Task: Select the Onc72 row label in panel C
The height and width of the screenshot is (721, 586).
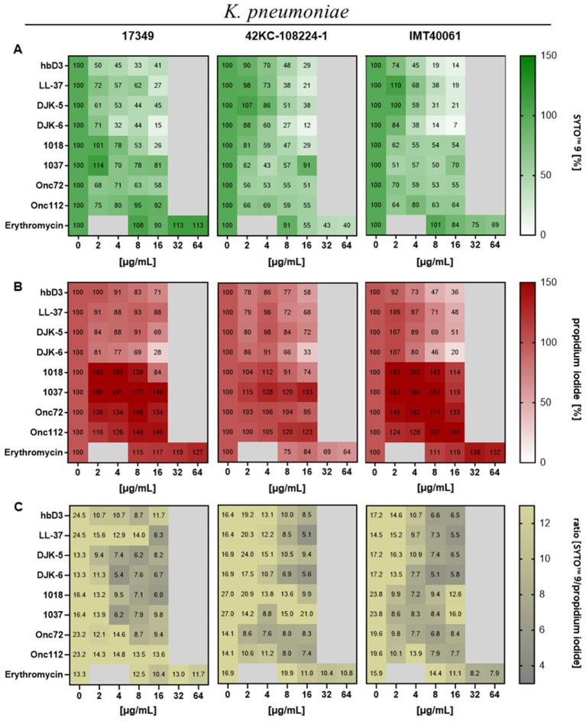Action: tap(48, 632)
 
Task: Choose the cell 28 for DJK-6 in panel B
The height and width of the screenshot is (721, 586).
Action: tap(157, 352)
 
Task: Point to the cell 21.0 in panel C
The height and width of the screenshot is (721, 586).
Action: tap(306, 612)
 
